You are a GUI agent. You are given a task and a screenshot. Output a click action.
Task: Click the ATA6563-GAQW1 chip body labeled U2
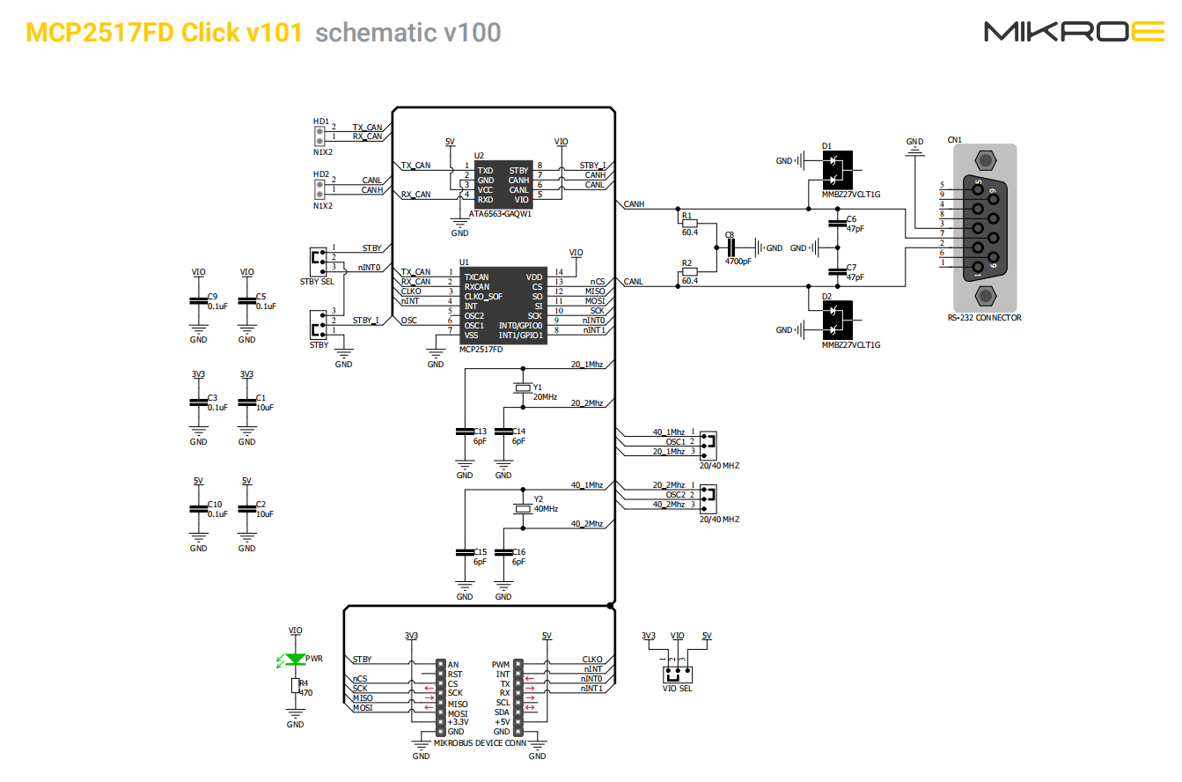503,184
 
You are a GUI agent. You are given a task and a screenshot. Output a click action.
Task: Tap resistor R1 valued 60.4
689,223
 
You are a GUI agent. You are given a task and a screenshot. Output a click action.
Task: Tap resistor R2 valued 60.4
689,273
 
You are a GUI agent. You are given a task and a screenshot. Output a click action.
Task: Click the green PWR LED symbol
295,659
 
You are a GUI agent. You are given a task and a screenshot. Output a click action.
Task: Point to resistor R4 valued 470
295,687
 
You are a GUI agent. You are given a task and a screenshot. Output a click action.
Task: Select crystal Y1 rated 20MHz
523,387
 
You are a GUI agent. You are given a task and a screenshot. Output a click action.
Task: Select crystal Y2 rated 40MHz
523,509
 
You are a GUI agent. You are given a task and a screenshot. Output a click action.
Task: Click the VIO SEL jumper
677,675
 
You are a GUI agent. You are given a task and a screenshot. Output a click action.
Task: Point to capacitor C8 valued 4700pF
730,248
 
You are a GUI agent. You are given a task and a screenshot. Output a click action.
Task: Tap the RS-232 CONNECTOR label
984,318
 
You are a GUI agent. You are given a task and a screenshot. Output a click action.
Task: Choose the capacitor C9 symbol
199,302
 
